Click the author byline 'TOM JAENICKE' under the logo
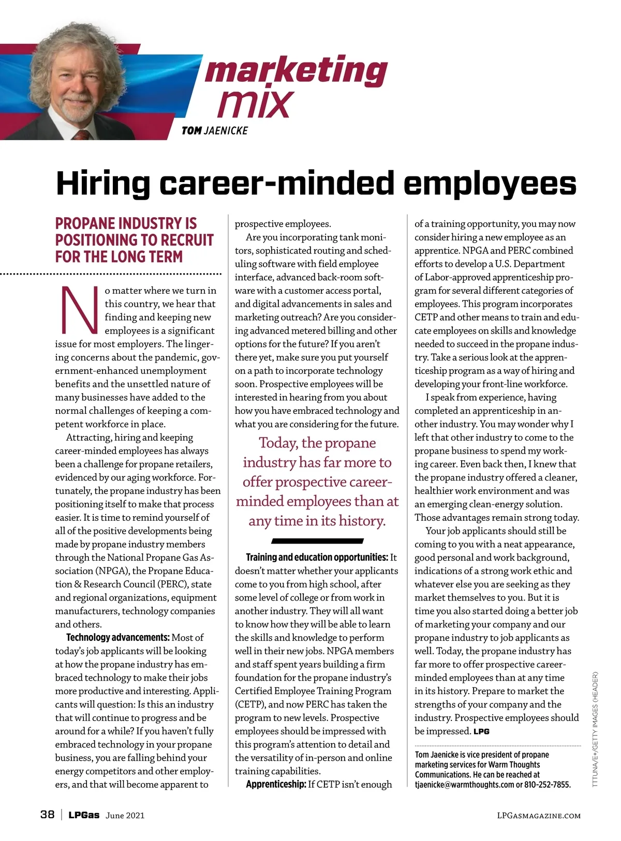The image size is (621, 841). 214,131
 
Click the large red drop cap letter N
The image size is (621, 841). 79,310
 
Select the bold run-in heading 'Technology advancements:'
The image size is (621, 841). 118,638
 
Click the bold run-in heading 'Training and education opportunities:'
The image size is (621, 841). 317,558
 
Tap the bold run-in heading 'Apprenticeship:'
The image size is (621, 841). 276,785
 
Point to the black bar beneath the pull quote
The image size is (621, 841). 317,541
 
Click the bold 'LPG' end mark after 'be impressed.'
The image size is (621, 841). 481,731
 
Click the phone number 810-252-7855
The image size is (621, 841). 548,785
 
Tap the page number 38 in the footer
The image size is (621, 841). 47,815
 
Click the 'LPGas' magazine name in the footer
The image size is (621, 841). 84,815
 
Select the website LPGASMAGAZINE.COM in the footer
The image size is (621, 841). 538,816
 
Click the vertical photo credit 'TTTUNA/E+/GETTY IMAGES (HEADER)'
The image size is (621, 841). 596,729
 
